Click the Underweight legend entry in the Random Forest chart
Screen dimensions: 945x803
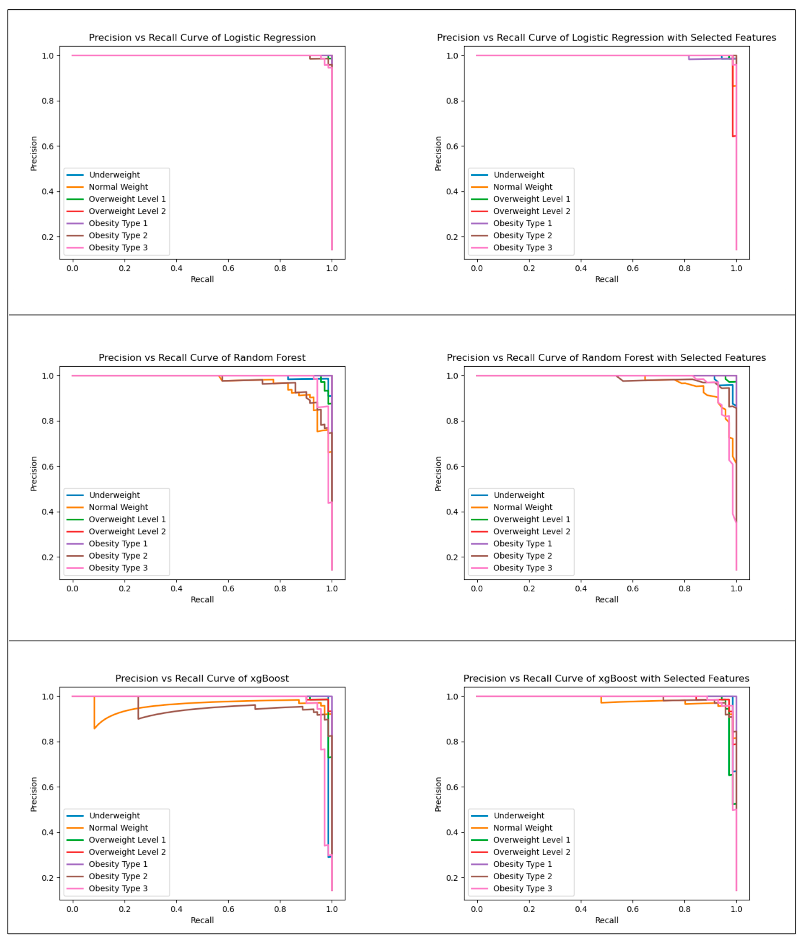114,495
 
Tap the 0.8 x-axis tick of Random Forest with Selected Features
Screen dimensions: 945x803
685,589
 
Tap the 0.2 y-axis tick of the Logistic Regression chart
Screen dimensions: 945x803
48,237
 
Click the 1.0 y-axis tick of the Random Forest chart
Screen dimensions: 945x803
48,376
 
